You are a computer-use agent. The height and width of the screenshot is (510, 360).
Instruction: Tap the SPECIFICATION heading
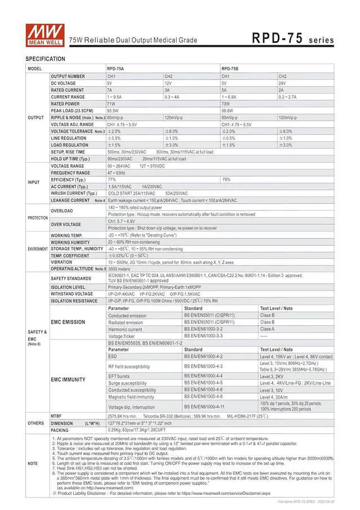coord(45,59)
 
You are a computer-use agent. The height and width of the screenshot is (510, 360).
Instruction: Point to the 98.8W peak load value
coord(227,111)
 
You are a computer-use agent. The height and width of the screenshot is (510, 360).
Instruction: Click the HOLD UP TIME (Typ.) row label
coord(70,159)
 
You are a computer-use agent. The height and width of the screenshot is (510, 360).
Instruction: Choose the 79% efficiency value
coord(226,180)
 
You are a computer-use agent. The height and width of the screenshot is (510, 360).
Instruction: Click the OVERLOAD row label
coord(61,211)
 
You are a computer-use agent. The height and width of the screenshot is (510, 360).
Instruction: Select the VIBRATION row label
coord(61,262)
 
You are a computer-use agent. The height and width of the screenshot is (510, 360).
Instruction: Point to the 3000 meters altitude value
coord(119,269)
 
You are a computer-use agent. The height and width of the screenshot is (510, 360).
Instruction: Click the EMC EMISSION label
coord(68,322)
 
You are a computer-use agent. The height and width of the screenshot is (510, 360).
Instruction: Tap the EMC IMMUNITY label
coord(68,379)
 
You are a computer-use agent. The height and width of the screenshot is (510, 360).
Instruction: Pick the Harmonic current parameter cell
coord(125,329)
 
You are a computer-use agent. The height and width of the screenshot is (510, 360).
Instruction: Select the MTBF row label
coord(56,415)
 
